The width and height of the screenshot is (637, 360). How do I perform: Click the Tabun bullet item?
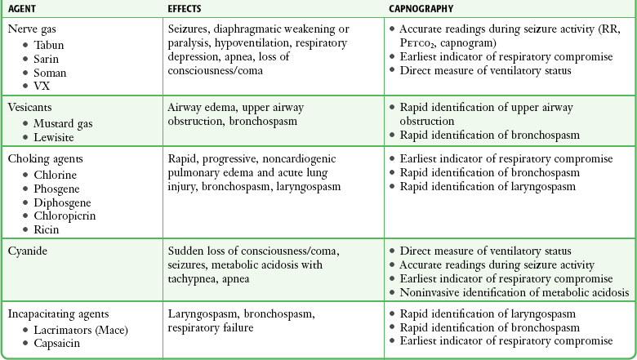(x=49, y=45)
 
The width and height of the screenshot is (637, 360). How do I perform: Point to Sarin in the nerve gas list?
(x=47, y=59)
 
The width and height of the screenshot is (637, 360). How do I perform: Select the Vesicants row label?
(x=29, y=107)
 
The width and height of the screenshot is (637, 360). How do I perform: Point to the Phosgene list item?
(x=58, y=189)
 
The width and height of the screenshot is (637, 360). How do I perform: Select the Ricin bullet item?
(x=47, y=229)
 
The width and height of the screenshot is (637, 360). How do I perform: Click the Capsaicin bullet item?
(x=59, y=343)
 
